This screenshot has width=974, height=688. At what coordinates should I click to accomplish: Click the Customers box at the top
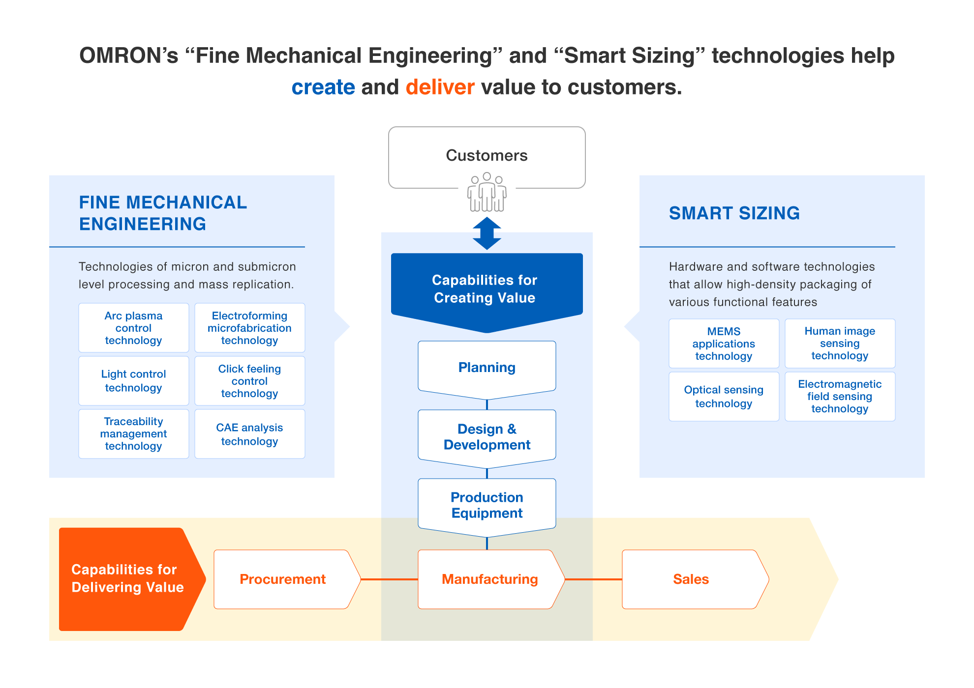[x=487, y=155]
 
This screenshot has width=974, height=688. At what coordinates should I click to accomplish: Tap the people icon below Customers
[x=487, y=193]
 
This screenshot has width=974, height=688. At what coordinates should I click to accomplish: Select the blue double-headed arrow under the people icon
[x=487, y=233]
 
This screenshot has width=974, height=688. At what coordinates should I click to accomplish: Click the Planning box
[x=487, y=368]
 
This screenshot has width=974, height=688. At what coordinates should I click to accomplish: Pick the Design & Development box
[x=487, y=436]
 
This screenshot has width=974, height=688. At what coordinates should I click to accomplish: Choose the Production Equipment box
[x=487, y=505]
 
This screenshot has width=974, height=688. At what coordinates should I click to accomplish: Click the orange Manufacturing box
[x=489, y=579]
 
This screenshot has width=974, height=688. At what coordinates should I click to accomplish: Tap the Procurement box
[x=283, y=579]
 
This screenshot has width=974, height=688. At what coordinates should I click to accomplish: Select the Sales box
[x=691, y=579]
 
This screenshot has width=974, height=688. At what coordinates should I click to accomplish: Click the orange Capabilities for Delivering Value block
[x=127, y=578]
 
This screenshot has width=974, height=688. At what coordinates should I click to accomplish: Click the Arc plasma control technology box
[x=133, y=328]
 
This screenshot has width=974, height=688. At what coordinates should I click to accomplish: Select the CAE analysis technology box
[x=249, y=434]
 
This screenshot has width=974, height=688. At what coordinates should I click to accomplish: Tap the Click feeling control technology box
[x=249, y=381]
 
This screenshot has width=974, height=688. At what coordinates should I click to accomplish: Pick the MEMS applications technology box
[x=724, y=344]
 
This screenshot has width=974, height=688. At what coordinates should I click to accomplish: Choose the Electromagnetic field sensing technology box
[x=840, y=396]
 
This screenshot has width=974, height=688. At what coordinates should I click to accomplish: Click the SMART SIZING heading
[x=734, y=213]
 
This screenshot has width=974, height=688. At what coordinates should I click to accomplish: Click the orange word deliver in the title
[x=440, y=87]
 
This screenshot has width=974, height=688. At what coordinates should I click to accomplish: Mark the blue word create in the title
[x=323, y=87]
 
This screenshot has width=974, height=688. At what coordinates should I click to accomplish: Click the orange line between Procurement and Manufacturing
[x=390, y=579]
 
